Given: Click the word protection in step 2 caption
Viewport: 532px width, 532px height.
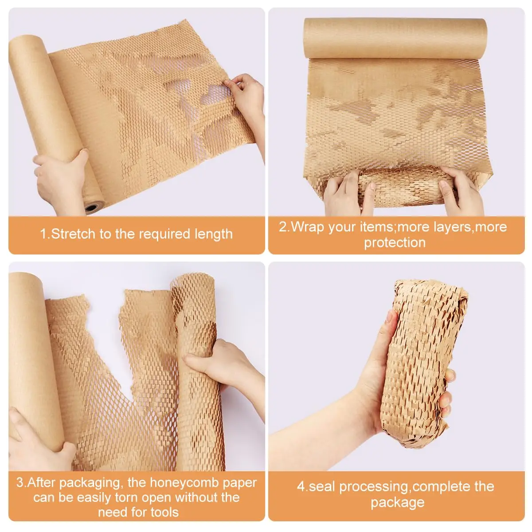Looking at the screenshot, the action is pos(395,243).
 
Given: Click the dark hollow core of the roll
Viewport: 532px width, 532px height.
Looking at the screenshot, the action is pos(92,207).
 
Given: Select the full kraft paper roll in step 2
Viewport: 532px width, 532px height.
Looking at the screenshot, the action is pos(395,38).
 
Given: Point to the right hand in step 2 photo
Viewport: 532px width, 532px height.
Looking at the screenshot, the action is pos(461,191).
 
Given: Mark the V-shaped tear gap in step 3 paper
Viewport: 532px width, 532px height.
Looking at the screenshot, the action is pos(108,337).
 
